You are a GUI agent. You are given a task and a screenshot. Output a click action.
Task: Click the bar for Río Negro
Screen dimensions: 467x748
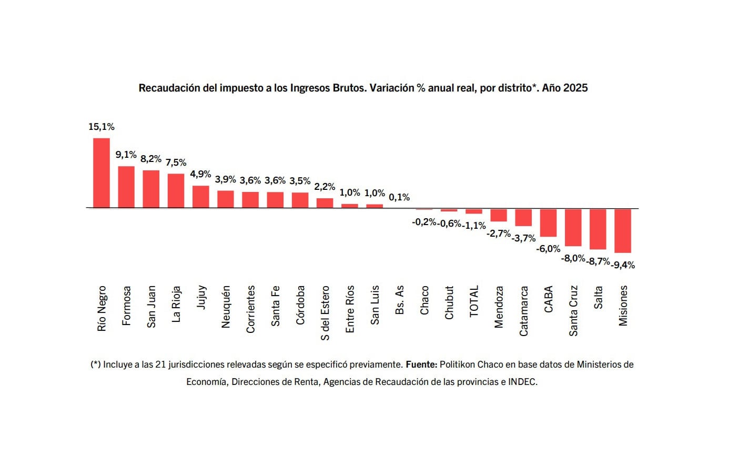point(102,173)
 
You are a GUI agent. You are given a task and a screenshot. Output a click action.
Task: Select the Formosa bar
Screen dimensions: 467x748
point(126,187)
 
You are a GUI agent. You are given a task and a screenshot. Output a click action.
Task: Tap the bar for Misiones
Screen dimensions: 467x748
point(623,231)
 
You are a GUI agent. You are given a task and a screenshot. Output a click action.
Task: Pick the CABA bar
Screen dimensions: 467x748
point(548,223)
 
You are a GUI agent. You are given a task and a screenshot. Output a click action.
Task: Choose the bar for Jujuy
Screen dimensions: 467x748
point(200,197)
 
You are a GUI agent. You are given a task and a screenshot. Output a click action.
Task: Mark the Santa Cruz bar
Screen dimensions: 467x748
point(573,228)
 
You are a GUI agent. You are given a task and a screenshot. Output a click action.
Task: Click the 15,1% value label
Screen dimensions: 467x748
point(101,127)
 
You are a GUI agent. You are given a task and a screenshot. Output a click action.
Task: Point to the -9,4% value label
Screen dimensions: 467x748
point(623,265)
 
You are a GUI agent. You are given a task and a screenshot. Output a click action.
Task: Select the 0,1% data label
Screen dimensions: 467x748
point(399,197)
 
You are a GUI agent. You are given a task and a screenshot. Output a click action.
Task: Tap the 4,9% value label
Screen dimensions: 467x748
point(200,174)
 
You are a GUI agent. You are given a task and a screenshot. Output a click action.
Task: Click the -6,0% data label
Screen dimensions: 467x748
point(548,249)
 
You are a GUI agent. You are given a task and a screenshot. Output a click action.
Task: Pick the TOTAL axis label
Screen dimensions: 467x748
point(474,301)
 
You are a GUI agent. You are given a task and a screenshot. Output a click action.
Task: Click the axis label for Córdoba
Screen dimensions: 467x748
point(300,305)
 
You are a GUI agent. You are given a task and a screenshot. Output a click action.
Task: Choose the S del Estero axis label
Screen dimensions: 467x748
point(325,313)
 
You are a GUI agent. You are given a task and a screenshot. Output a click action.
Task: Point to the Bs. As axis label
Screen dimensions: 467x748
point(399,300)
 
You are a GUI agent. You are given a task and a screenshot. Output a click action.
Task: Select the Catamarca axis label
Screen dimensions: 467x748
point(523,311)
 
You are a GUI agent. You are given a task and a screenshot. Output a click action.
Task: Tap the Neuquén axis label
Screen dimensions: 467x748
point(226,307)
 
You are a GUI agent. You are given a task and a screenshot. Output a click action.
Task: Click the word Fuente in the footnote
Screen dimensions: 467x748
point(421,364)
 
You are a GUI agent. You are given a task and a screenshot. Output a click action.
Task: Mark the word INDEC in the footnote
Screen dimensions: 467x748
point(522,382)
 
